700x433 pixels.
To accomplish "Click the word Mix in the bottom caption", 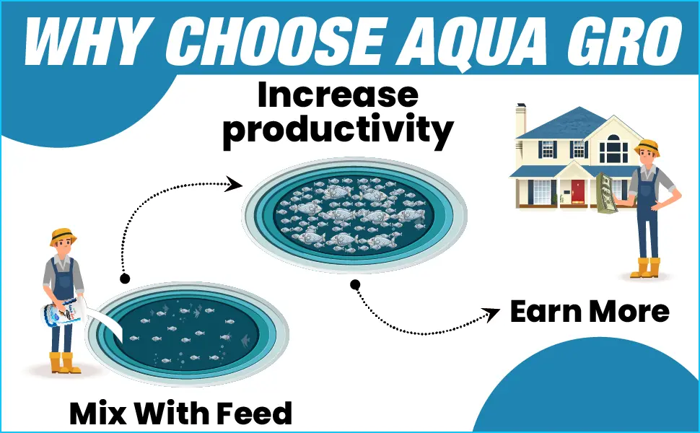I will [x=95, y=414].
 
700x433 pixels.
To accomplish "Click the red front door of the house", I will [x=578, y=191].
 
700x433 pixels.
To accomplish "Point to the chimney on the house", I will [x=520, y=118].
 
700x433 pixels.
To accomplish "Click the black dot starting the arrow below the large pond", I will [x=355, y=284].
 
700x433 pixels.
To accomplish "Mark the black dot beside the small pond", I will [x=125, y=277].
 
